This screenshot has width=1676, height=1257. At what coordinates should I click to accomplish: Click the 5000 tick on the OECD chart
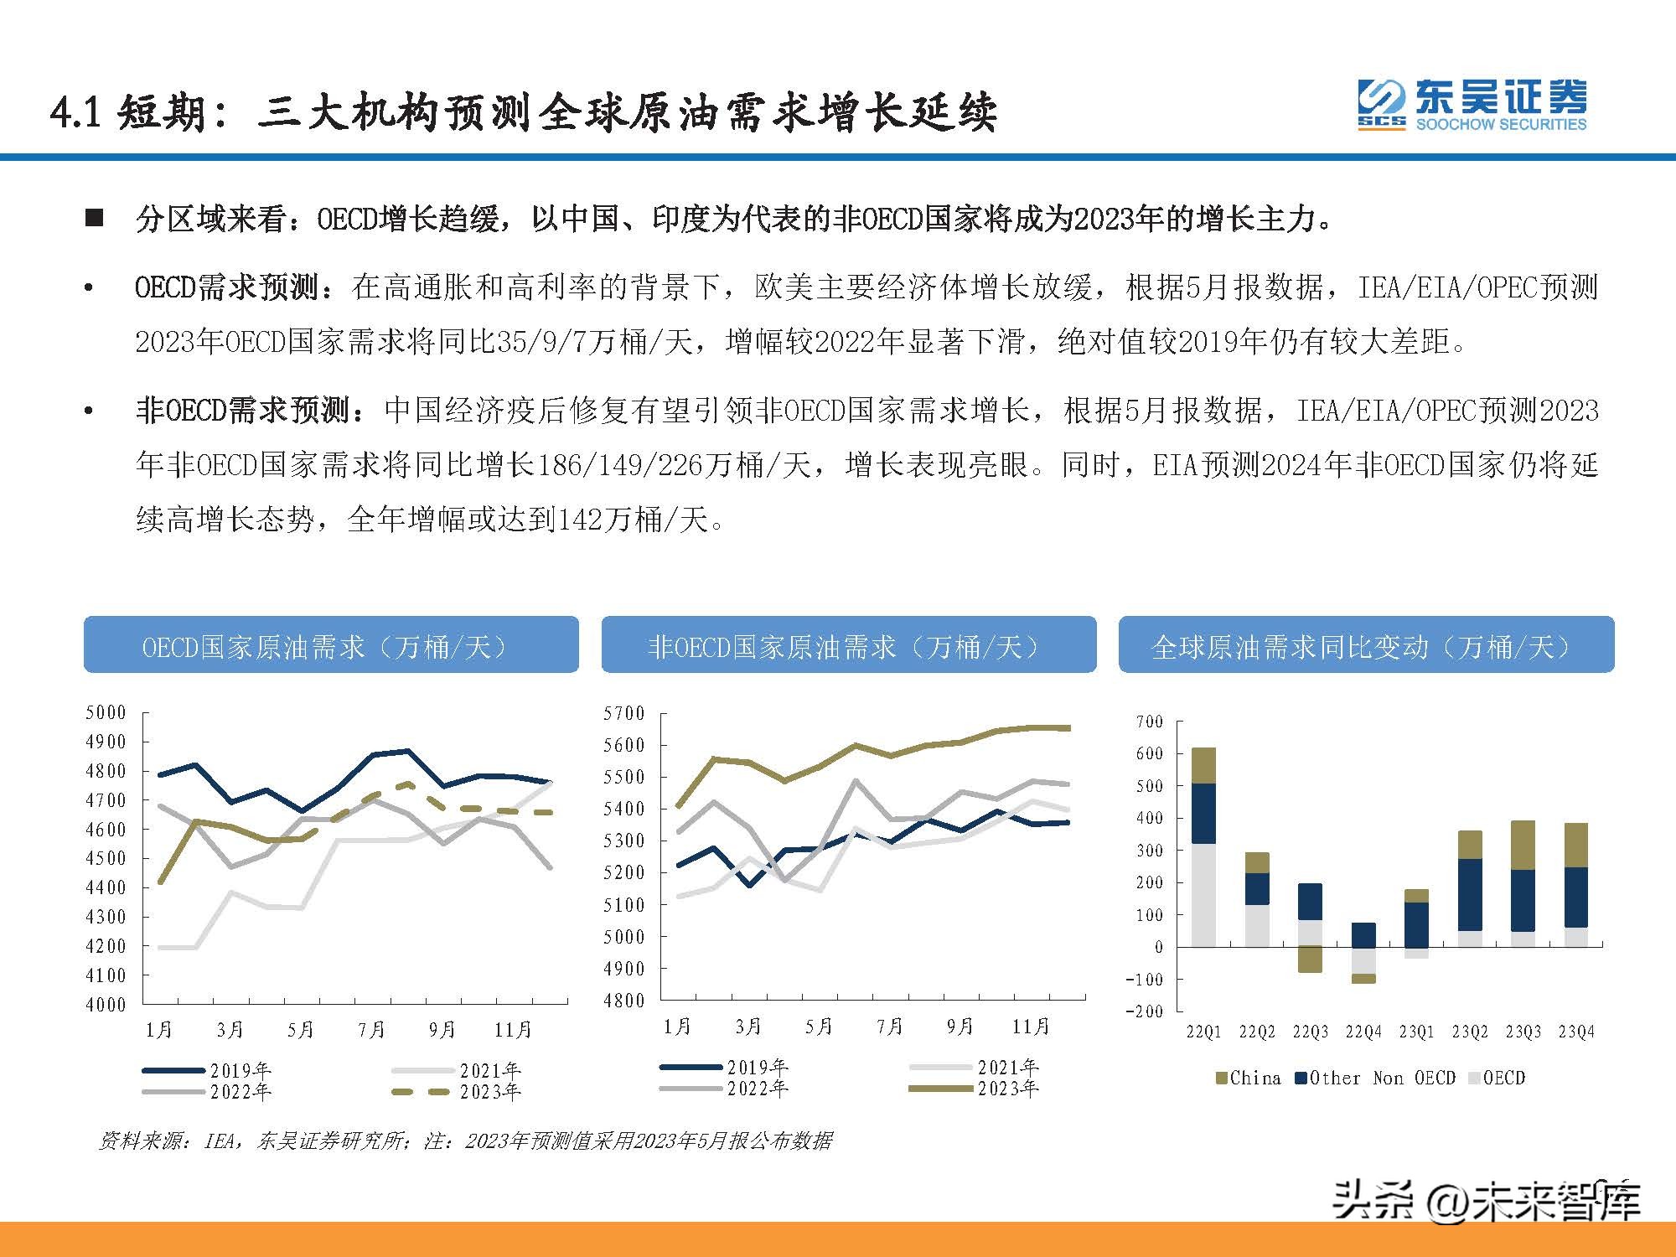pyautogui.click(x=106, y=712)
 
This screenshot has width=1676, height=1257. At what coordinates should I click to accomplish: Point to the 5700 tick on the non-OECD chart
pyautogui.click(x=624, y=713)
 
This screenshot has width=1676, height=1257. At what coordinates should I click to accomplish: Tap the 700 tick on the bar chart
pyautogui.click(x=1150, y=722)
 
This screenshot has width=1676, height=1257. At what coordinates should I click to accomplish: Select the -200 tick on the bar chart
pyautogui.click(x=1145, y=1011)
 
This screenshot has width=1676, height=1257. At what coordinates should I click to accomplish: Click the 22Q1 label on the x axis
pyautogui.click(x=1203, y=1032)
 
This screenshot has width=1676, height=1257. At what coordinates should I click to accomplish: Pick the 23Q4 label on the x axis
pyautogui.click(x=1576, y=1032)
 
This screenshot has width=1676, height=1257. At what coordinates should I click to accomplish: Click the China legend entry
pyautogui.click(x=1248, y=1079)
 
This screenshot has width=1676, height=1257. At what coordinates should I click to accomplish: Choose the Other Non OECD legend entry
pyautogui.click(x=1375, y=1079)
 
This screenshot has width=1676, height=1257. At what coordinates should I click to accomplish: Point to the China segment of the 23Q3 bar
pyautogui.click(x=1523, y=845)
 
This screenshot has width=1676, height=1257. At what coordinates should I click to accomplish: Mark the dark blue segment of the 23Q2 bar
pyautogui.click(x=1470, y=894)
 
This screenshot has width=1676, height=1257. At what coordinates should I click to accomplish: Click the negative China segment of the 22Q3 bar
pyautogui.click(x=1310, y=960)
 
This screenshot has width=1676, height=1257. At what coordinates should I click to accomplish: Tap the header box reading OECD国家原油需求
pyautogui.click(x=331, y=644)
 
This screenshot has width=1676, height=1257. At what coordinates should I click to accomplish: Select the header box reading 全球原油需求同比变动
pyautogui.click(x=1366, y=644)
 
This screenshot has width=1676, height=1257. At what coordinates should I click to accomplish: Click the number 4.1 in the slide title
pyautogui.click(x=76, y=112)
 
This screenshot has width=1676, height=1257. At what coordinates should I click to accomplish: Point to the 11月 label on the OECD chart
pyautogui.click(x=513, y=1029)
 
